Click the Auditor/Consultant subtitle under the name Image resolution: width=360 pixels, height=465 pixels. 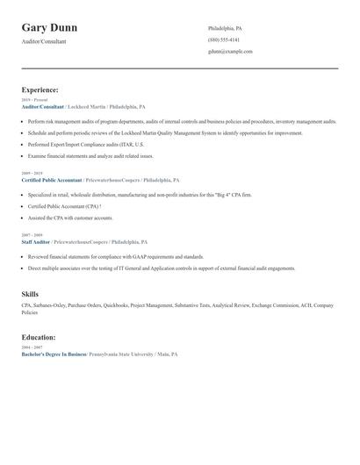pos(43,41)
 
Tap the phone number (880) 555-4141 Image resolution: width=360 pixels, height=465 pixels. pos(223,40)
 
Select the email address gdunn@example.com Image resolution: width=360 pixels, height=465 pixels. pos(230,52)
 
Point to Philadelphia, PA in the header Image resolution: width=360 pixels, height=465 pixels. pos(225,29)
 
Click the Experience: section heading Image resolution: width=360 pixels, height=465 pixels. pos(40,89)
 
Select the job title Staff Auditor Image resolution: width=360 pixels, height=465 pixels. pos(36,241)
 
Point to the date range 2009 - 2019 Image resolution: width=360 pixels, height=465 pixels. pos(31,173)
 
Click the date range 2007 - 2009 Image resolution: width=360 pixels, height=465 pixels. pos(31,235)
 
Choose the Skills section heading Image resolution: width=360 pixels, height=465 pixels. pos(30,294)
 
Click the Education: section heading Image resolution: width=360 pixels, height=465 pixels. pos(39,337)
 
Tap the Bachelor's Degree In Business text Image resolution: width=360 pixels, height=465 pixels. pos(54,354)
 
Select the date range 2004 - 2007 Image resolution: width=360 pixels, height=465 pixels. pos(31,347)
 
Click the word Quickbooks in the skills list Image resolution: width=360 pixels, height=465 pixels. pos(117,305)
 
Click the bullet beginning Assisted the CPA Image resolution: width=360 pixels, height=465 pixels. pos(70,217)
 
